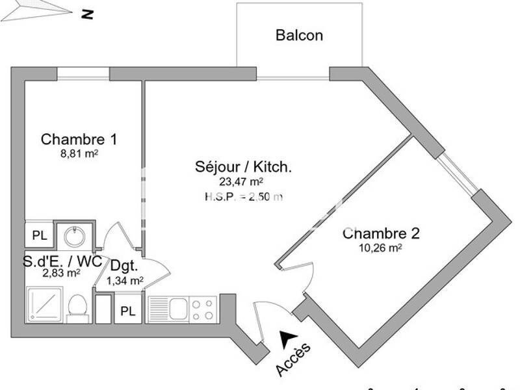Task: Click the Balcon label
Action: click(x=299, y=35)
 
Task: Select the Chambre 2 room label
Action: click(x=382, y=233)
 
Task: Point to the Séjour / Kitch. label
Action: click(x=243, y=166)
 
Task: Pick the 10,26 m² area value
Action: click(x=380, y=248)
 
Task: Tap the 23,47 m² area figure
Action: click(x=243, y=182)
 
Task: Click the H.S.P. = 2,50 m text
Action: click(x=243, y=196)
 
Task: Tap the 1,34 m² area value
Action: click(x=124, y=281)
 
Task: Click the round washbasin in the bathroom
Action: click(x=75, y=235)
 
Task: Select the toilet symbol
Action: click(x=77, y=307)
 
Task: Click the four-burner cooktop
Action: click(x=203, y=308)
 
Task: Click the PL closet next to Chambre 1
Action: click(x=40, y=236)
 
